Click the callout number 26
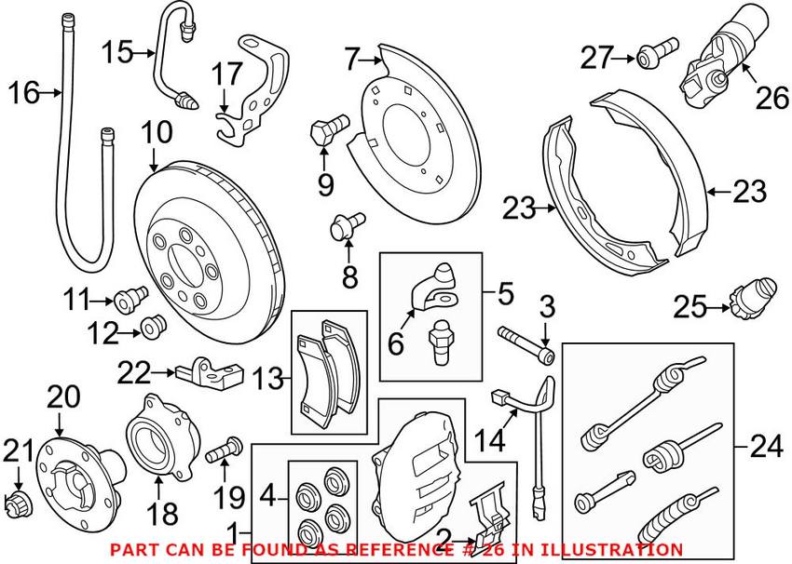click(x=772, y=98)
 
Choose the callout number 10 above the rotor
click(x=158, y=132)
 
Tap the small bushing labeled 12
click(x=152, y=327)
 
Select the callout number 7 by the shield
click(x=350, y=61)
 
